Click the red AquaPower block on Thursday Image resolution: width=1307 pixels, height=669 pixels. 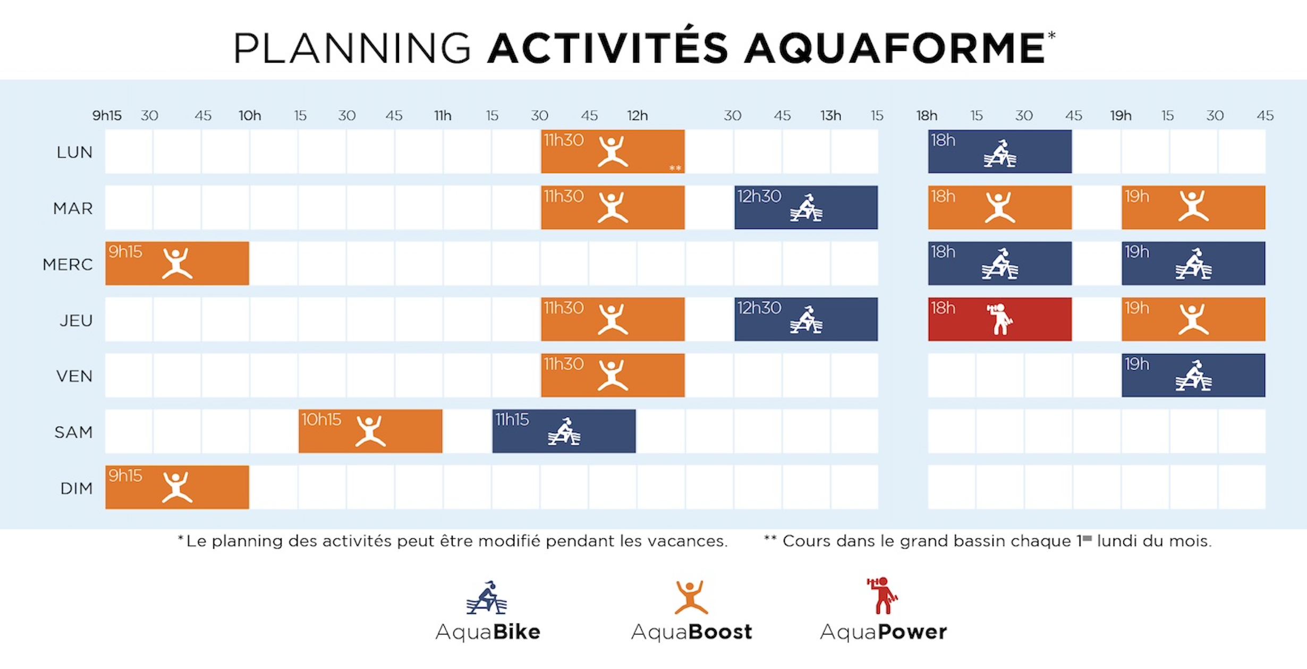click(x=999, y=319)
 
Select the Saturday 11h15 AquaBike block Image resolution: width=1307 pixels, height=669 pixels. click(x=564, y=431)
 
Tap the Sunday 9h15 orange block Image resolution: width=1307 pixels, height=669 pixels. click(x=177, y=487)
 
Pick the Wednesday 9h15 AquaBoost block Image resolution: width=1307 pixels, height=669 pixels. click(x=177, y=263)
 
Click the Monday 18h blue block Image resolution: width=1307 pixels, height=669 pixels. click(x=999, y=151)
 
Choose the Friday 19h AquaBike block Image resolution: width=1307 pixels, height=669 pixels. click(x=1193, y=375)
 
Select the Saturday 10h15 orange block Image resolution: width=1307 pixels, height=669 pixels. click(x=370, y=431)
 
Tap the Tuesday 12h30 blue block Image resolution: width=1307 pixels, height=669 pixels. click(x=806, y=208)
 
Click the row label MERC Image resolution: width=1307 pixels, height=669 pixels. click(x=67, y=264)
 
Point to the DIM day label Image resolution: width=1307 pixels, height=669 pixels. click(x=77, y=488)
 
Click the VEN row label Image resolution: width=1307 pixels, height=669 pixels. click(x=74, y=376)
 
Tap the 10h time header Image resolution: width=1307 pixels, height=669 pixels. click(x=250, y=116)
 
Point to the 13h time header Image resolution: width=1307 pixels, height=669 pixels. click(x=830, y=116)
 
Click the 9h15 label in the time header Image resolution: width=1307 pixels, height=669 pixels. click(x=107, y=116)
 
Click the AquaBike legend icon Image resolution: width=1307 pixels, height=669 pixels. click(x=487, y=598)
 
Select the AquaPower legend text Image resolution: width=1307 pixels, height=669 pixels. click(x=883, y=632)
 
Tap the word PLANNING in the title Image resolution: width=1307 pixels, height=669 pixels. click(x=352, y=48)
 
